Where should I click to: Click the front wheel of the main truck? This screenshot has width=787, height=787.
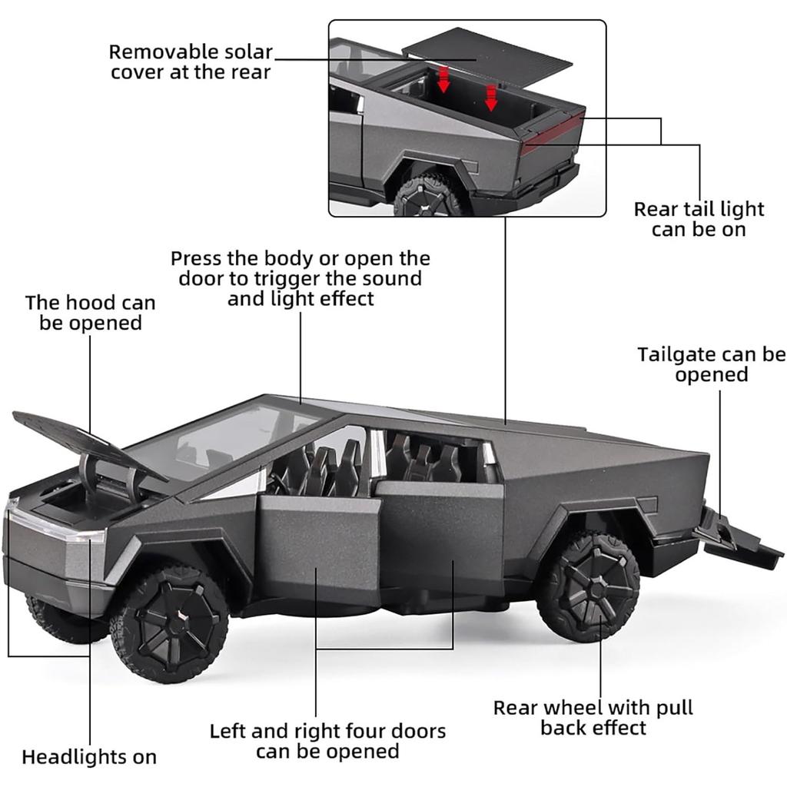tap(170, 623)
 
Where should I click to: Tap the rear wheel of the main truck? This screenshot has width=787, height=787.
tap(588, 586)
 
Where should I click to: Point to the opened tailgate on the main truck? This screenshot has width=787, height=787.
tap(738, 538)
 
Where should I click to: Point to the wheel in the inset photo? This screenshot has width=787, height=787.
tap(427, 196)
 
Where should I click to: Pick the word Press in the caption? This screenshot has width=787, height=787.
tap(195, 258)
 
